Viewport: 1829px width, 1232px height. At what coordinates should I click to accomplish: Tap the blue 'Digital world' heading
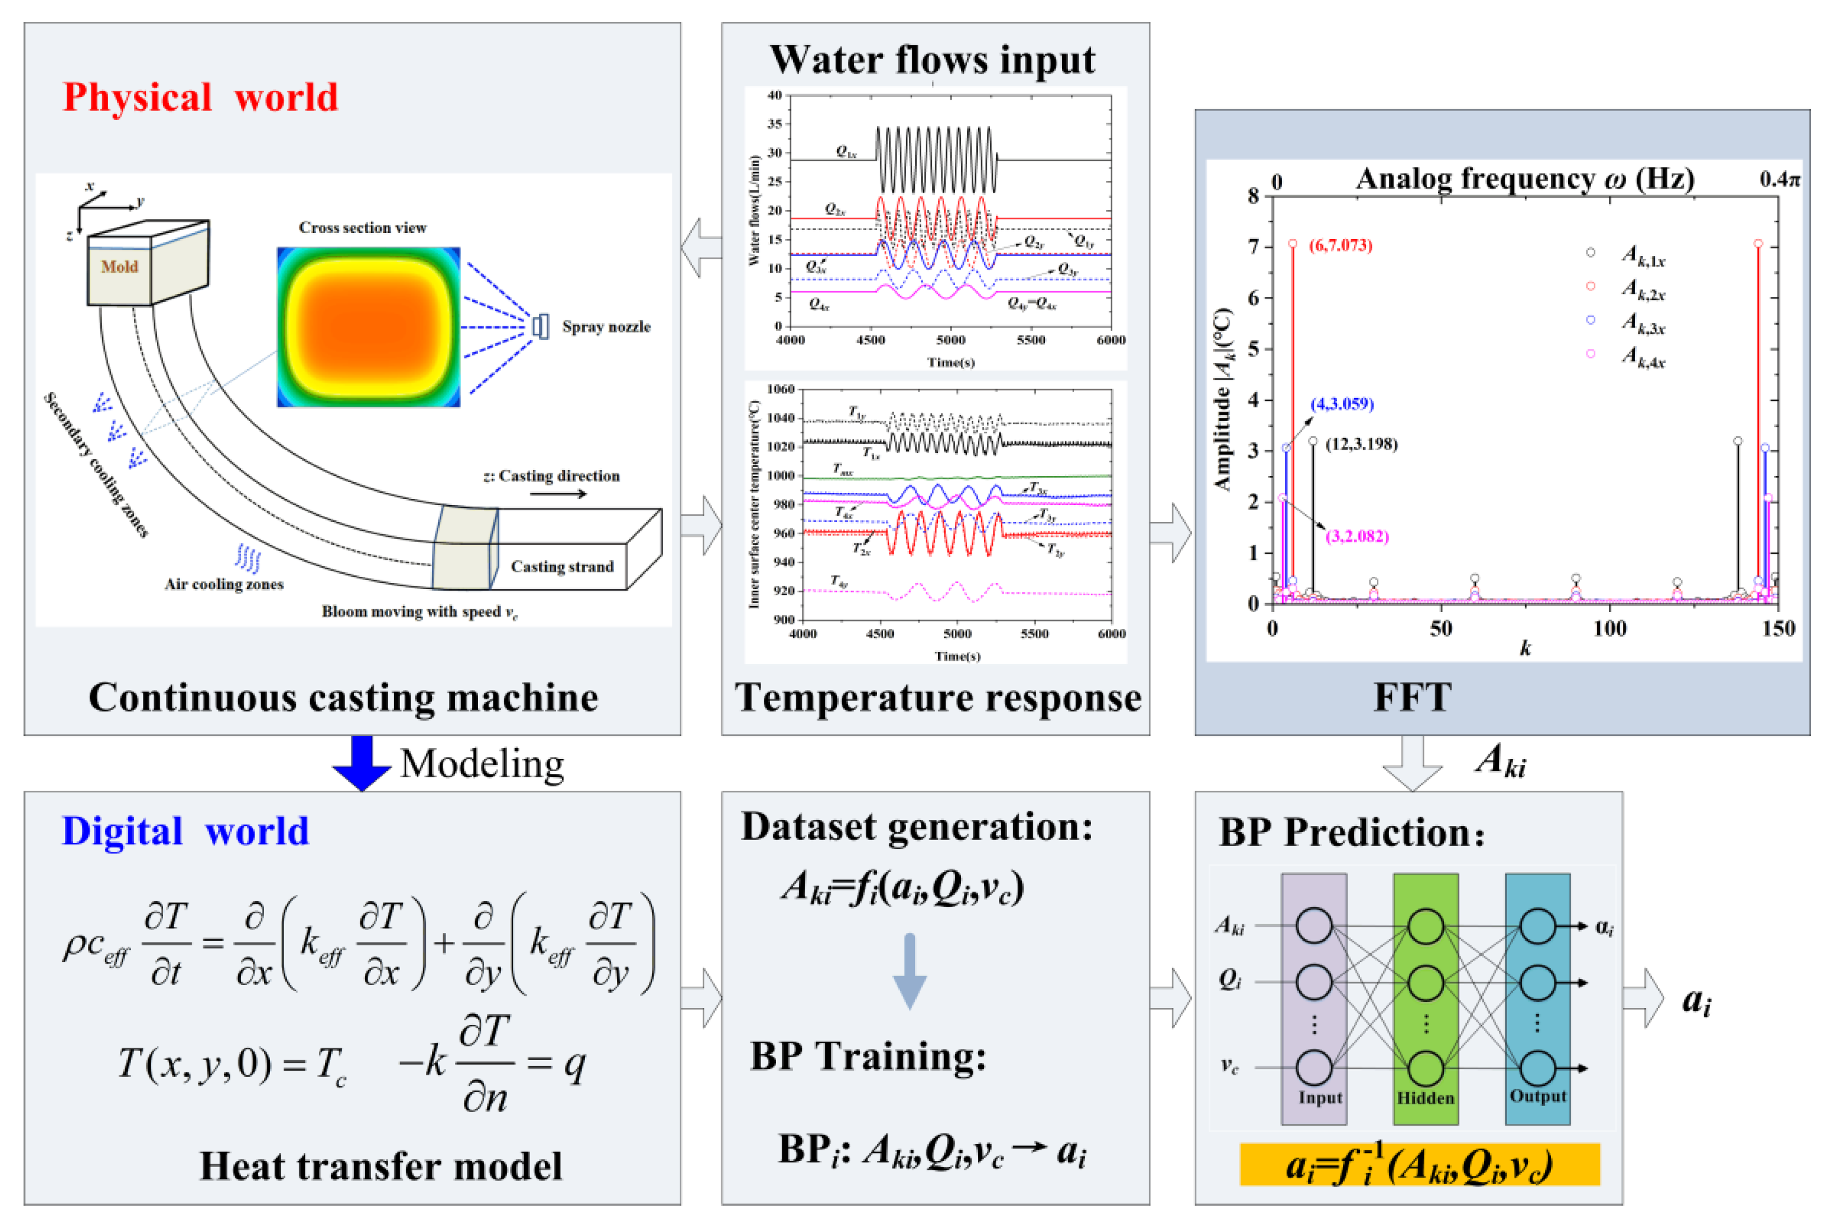185,830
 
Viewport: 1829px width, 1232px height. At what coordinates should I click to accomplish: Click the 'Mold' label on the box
119,267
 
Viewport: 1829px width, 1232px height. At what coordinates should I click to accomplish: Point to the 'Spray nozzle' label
606,327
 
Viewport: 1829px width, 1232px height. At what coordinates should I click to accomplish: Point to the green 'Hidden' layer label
1425,1097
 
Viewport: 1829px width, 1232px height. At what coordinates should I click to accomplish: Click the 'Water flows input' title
932,60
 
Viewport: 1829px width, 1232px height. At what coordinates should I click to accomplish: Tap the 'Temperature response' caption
937,698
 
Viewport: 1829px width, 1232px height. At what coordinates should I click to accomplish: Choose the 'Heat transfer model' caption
380,1165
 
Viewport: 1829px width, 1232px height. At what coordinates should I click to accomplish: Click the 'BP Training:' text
868,1056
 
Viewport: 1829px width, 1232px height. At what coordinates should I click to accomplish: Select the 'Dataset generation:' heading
917,827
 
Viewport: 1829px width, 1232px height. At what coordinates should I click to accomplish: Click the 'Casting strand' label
562,567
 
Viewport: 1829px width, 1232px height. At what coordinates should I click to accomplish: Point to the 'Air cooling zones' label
224,584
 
